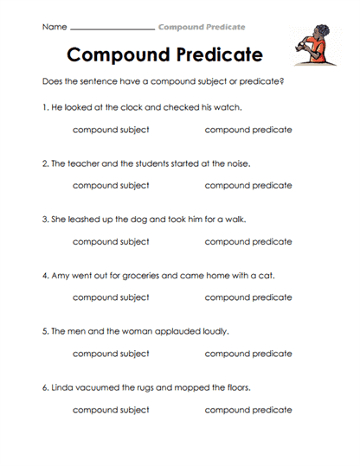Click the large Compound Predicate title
pyautogui.click(x=164, y=54)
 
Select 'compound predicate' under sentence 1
pyautogui.click(x=248, y=130)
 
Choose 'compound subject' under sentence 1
pyautogui.click(x=111, y=130)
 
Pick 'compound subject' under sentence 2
pyautogui.click(x=111, y=185)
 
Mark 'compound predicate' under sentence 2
pyautogui.click(x=248, y=185)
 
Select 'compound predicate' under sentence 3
pyautogui.click(x=248, y=242)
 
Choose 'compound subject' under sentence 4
pyautogui.click(x=111, y=297)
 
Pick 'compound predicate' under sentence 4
pyautogui.click(x=248, y=297)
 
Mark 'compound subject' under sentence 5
pyautogui.click(x=111, y=354)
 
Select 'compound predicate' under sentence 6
pyautogui.click(x=248, y=410)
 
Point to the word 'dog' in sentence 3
pyautogui.click(x=137, y=220)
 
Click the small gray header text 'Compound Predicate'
pyautogui.click(x=202, y=28)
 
